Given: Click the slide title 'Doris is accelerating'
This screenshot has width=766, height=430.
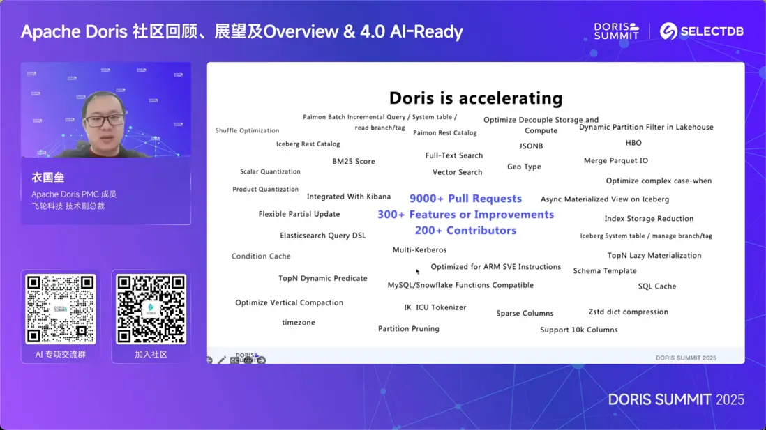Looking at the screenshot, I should pos(476,98).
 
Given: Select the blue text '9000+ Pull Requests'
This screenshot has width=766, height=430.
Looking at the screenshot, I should pos(465,199).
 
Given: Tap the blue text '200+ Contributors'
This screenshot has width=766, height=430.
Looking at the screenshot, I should pos(465,231).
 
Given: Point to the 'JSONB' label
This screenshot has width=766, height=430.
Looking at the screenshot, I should pos(531,146).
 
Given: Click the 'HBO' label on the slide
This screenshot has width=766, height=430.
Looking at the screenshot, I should pos(633,143).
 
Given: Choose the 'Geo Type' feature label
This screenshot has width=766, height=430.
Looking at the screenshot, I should pos(524,167).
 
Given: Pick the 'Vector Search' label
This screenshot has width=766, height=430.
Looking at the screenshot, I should pos(457,172).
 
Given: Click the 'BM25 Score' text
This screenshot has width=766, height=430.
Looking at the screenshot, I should pos(354,162).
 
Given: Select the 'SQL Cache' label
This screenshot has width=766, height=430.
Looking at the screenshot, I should pos(656,286).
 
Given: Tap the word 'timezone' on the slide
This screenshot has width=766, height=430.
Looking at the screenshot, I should pos(299,323).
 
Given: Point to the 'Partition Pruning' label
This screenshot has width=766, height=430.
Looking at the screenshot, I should pos(409,329).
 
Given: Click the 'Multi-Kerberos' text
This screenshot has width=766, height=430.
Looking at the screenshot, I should pos(419,250).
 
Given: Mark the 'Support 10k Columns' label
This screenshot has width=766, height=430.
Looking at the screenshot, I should pos(578,330).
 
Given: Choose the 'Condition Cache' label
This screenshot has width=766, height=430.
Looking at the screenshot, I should pos(261,256).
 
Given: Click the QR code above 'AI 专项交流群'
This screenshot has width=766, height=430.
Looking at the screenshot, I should pos(61,309).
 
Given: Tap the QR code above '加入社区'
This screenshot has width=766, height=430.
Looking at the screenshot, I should pos(151,309).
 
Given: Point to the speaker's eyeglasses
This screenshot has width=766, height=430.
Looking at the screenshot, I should pos(105,121).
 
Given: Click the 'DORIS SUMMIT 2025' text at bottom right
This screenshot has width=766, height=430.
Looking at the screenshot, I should pos(675,399).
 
